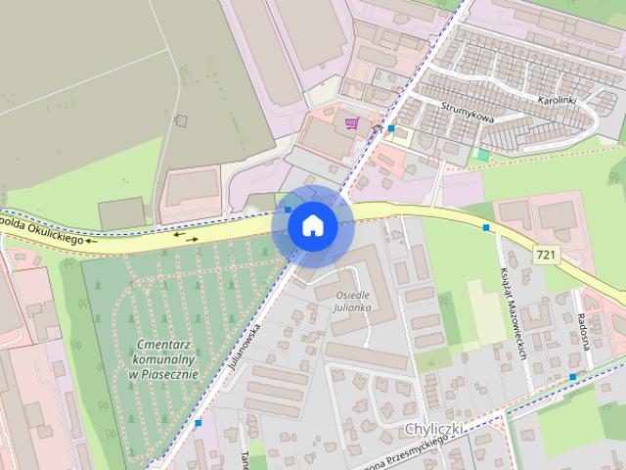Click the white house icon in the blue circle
tap(312, 226)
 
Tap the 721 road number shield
tap(549, 255)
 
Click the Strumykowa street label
tap(467, 113)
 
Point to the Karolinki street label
tap(559, 100)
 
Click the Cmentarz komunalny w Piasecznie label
tap(162, 359)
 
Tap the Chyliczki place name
tap(432, 430)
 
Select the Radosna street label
tap(583, 318)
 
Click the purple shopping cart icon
tap(352, 123)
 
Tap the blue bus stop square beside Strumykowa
tap(391, 128)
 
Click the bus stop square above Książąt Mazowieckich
tap(486, 227)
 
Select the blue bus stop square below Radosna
tap(572, 376)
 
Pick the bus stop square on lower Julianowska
tap(198, 423)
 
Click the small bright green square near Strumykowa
tap(480, 154)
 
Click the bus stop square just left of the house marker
tap(287, 209)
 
